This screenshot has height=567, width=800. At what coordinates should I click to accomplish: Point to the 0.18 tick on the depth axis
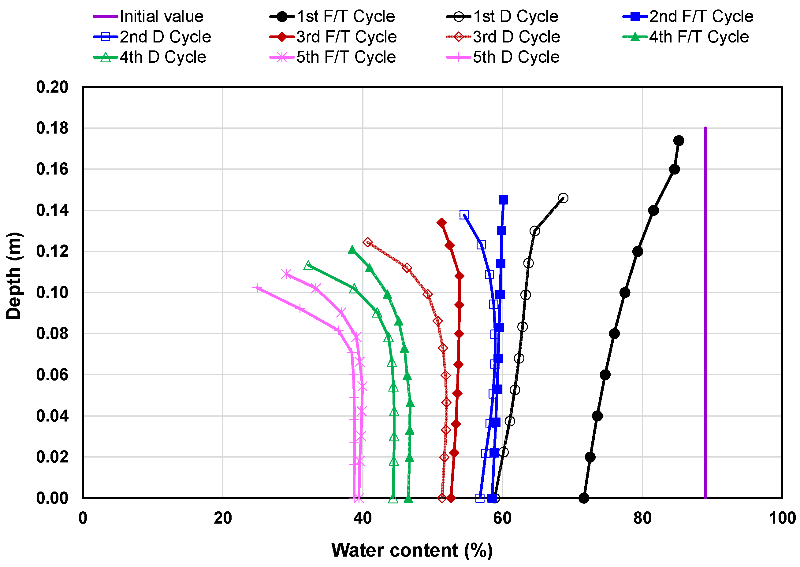point(52,128)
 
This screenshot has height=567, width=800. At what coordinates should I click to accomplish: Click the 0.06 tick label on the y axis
point(52,375)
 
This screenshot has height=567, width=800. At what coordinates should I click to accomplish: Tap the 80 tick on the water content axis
point(642,518)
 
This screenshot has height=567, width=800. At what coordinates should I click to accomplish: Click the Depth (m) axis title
point(14,276)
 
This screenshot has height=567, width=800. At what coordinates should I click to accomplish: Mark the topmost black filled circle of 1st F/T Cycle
point(679,141)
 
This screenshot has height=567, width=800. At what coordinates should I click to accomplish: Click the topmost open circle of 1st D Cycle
point(563,198)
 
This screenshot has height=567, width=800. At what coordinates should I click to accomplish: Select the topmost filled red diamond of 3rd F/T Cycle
point(441,223)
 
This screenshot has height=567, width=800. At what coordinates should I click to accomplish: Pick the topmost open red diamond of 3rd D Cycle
point(367,242)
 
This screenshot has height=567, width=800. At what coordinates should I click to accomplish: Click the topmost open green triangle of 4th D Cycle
point(308,265)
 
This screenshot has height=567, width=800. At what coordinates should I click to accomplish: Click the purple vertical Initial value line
point(705,314)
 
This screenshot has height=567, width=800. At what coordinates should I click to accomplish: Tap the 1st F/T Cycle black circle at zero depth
point(584,498)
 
